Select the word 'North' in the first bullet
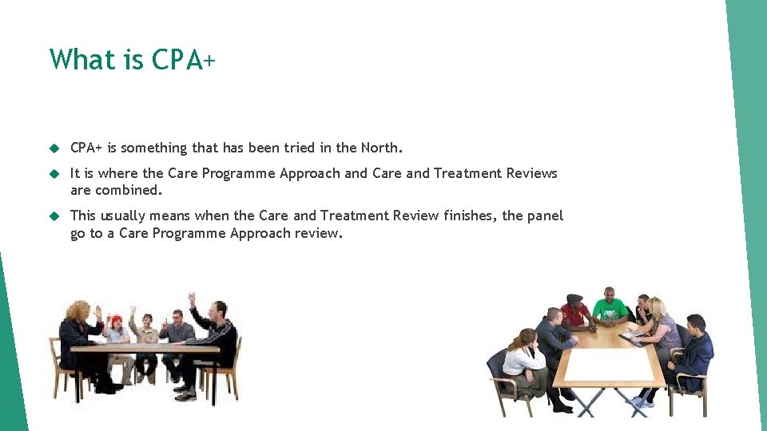coord(380,148)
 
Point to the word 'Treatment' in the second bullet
coord(467,173)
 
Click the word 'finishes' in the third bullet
coord(467,215)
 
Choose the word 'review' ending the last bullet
coord(318,233)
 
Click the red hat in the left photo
coord(117,318)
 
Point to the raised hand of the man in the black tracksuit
coord(192,299)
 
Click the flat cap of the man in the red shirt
coord(574,299)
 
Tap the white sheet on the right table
coord(609,365)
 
